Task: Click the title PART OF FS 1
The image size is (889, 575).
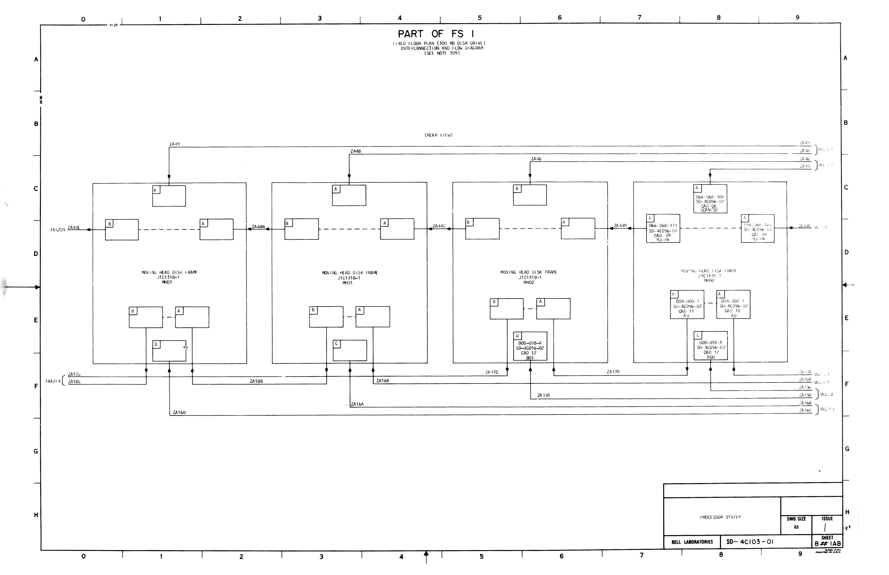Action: [x=436, y=34]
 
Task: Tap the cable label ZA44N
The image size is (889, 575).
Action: [x=258, y=227]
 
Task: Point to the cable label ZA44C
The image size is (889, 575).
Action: [x=439, y=226]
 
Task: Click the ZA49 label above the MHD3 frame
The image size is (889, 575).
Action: [x=175, y=144]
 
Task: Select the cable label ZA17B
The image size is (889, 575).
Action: [x=613, y=372]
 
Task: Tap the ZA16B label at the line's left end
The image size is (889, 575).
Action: [x=179, y=413]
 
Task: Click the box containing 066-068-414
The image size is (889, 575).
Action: [x=663, y=228]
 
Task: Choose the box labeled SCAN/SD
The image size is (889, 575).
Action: [x=710, y=199]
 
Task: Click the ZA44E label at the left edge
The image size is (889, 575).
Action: [x=73, y=227]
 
